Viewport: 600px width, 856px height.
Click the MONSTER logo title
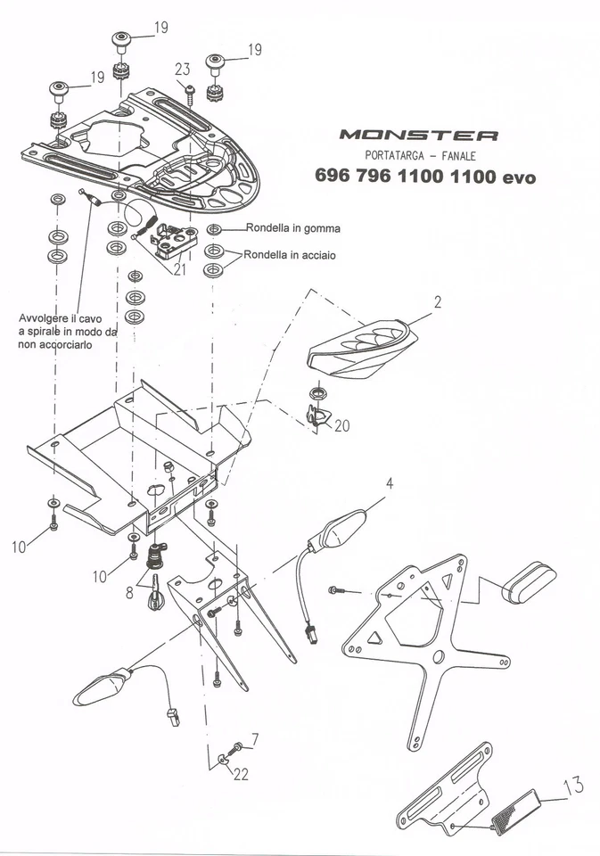(418, 136)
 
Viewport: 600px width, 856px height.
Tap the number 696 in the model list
(333, 177)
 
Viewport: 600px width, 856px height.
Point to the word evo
(519, 177)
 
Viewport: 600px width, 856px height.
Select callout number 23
(183, 70)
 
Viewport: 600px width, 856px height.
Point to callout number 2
(438, 302)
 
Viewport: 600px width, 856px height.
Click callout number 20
(341, 426)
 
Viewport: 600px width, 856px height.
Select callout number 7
(255, 739)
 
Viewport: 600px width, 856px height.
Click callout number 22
(241, 775)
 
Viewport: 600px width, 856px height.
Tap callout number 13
(575, 786)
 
